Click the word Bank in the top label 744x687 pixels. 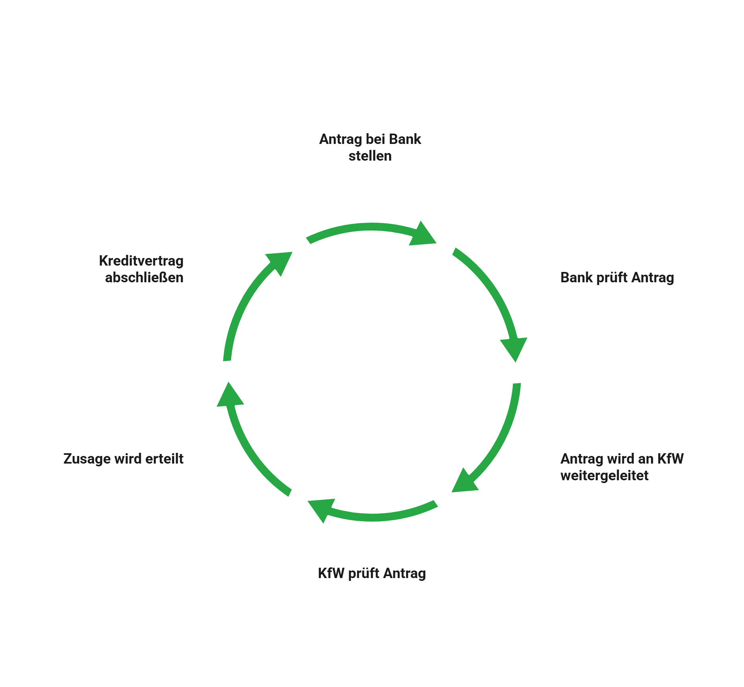pyautogui.click(x=405, y=140)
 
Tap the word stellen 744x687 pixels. pyautogui.click(x=370, y=156)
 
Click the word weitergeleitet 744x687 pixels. pyautogui.click(x=604, y=475)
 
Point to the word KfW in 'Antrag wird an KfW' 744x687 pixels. pyautogui.click(x=670, y=459)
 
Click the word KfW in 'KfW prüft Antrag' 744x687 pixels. pyautogui.click(x=331, y=573)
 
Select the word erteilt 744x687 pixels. pyautogui.click(x=164, y=459)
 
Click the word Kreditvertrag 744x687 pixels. pyautogui.click(x=141, y=261)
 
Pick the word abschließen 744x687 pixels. pyautogui.click(x=144, y=278)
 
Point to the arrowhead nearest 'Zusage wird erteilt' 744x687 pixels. pyautogui.click(x=229, y=396)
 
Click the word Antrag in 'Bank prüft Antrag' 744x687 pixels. pyautogui.click(x=653, y=278)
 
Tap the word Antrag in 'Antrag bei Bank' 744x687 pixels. pyautogui.click(x=341, y=140)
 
